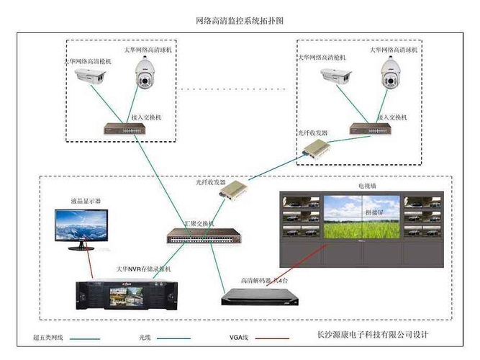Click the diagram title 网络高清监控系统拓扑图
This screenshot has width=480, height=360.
coord(240,21)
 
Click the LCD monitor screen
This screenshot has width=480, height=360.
coord(82,225)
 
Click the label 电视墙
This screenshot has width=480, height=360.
coord(366,186)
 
